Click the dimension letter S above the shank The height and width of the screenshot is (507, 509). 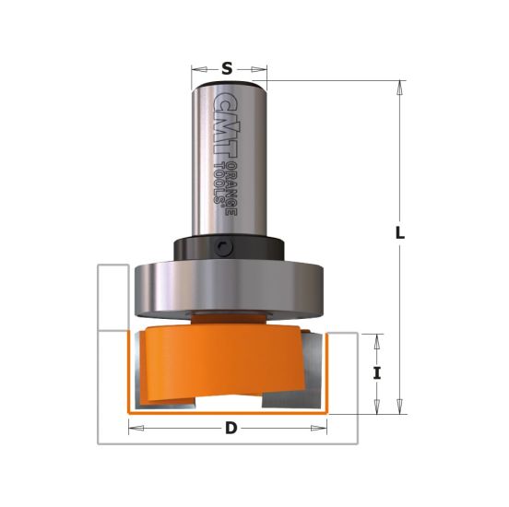(x=228, y=66)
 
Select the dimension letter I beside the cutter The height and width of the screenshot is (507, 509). (x=377, y=373)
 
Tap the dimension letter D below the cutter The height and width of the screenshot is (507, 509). (x=228, y=429)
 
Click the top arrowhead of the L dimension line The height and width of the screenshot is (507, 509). (x=399, y=87)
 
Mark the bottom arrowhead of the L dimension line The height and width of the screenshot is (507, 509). (x=399, y=407)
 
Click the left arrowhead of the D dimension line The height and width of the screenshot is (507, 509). (x=132, y=429)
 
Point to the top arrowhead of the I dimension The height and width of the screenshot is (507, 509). (x=377, y=338)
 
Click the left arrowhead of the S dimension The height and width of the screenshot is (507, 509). (x=195, y=67)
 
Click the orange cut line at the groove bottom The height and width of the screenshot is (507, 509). (x=228, y=412)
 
